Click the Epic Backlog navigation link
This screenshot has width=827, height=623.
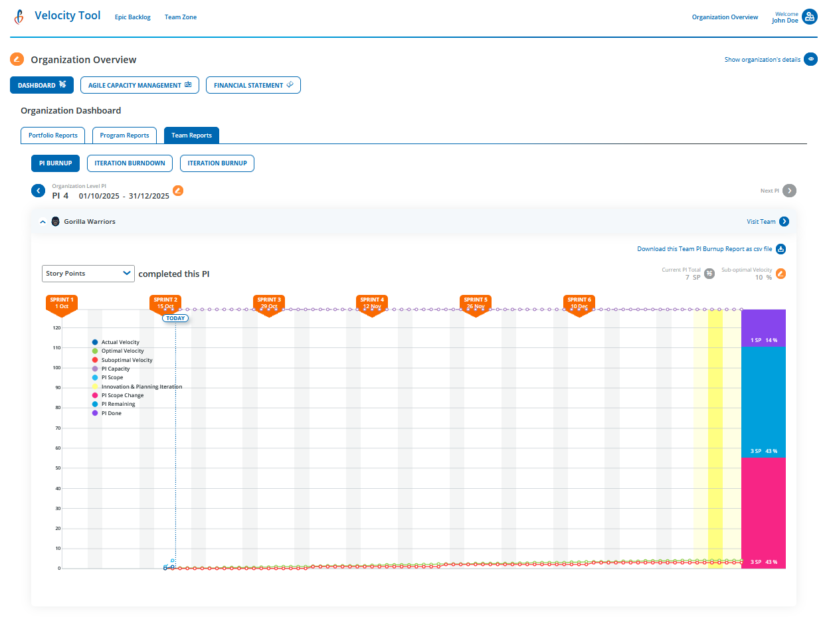(133, 17)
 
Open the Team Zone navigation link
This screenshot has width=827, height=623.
(181, 17)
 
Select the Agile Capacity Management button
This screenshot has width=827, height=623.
(139, 85)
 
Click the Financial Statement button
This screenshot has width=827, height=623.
(253, 85)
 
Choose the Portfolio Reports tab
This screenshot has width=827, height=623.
(53, 135)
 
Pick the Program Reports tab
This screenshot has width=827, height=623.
(124, 135)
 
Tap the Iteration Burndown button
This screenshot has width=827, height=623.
(130, 163)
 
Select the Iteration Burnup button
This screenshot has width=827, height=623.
(217, 163)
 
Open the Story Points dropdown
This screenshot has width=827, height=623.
(88, 274)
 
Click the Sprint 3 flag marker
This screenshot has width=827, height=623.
(269, 304)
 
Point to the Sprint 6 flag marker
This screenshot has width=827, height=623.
(579, 304)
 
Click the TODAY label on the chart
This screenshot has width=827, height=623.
(175, 318)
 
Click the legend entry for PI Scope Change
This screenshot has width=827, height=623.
(126, 396)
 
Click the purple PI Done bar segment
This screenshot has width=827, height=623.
(763, 327)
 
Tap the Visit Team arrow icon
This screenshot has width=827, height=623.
(784, 222)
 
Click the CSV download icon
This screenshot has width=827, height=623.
(781, 249)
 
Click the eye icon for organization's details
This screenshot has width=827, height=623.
(810, 59)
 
